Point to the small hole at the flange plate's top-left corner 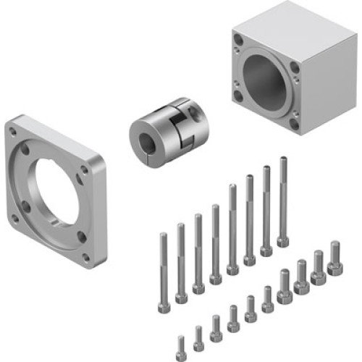13,131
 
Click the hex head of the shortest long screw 164,307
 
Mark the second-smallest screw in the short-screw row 198,334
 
